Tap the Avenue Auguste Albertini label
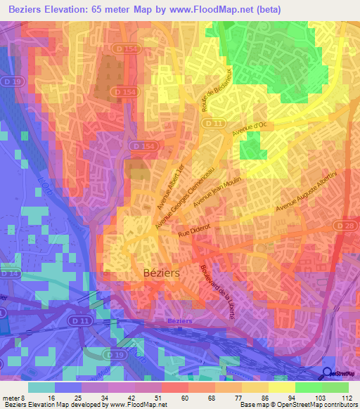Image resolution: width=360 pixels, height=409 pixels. coord(307,190)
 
